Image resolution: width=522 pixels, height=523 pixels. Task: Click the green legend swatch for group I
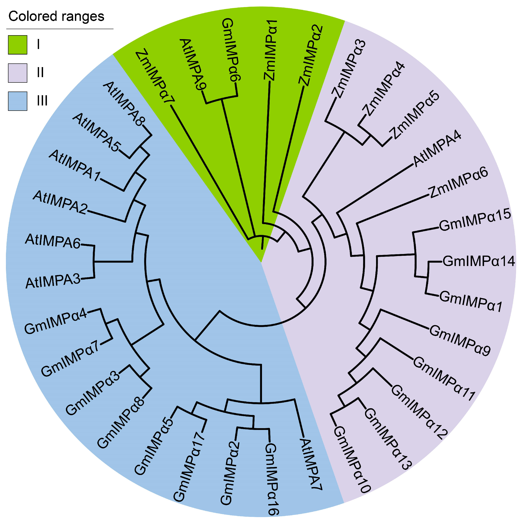point(18,45)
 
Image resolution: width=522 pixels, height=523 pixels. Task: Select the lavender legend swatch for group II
point(18,73)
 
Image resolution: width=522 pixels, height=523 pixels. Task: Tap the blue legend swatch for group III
point(18,101)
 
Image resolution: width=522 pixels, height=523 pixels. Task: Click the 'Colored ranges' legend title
point(56,16)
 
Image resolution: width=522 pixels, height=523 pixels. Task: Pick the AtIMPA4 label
point(437,148)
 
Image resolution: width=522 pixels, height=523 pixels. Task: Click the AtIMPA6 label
point(53,241)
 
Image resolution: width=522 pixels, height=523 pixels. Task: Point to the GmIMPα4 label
point(56,321)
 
